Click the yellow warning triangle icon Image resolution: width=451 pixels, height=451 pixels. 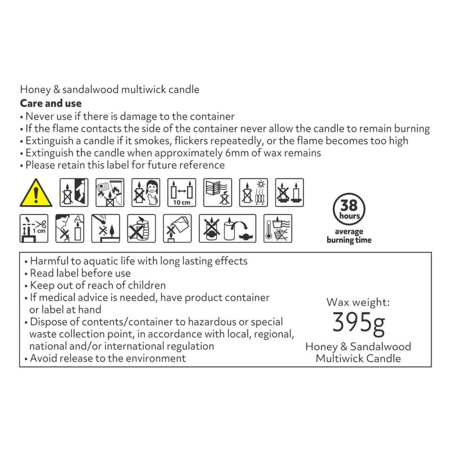[x=36, y=193]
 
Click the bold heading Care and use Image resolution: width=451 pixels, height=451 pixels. [x=51, y=103]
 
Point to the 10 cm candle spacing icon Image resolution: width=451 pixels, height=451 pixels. [x=182, y=193]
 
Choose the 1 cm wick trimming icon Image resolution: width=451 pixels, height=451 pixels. [x=34, y=229]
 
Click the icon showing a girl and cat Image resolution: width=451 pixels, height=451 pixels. [x=146, y=193]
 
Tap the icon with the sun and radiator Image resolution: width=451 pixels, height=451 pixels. [x=253, y=193]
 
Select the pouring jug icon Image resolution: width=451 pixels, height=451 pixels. [x=177, y=229]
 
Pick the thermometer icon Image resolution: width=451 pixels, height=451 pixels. [x=278, y=229]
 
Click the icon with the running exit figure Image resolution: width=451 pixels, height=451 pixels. [x=74, y=193]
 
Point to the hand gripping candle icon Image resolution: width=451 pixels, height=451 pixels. [x=141, y=229]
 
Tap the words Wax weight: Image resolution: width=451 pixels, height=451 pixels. [x=358, y=302]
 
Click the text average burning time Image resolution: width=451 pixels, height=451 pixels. [x=349, y=236]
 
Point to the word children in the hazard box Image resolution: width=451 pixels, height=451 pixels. [x=147, y=285]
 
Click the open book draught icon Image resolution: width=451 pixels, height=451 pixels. [x=218, y=193]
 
